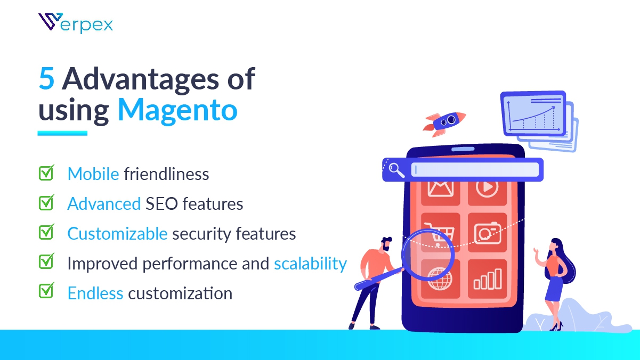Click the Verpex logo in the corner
pos(76,23)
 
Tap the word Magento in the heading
pos(177,110)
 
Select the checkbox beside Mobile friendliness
pos(46,173)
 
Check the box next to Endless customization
pos(46,291)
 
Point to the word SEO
pos(161,204)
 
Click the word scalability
pos(311,264)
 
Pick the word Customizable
pos(117,234)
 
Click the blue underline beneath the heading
pos(62,133)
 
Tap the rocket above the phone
pos(444,124)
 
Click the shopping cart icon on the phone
pos(440,234)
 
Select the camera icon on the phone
pos(488,233)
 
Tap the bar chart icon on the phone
pos(488,279)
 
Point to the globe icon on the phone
pos(440,279)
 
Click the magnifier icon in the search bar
pos(396,170)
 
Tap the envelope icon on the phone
pos(440,189)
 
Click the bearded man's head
pos(386,243)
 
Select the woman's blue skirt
pos(555,288)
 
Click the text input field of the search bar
pos(475,169)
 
